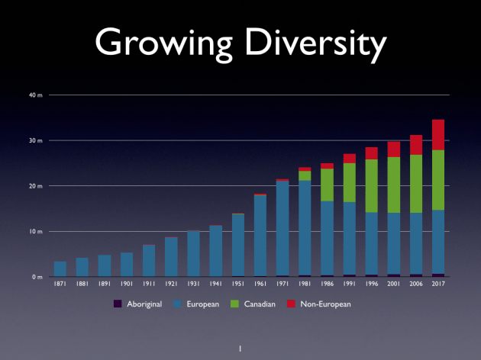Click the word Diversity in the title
coord(313,45)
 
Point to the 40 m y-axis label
coord(36,95)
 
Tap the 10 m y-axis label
coord(36,231)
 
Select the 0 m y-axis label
coord(37,277)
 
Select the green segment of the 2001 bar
coord(394,185)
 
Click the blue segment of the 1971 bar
coord(282,228)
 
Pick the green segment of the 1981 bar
coord(305,175)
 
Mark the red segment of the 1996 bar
coord(372,153)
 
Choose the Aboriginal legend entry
coord(141,304)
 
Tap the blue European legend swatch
coord(178,304)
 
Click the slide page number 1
coord(240,349)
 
